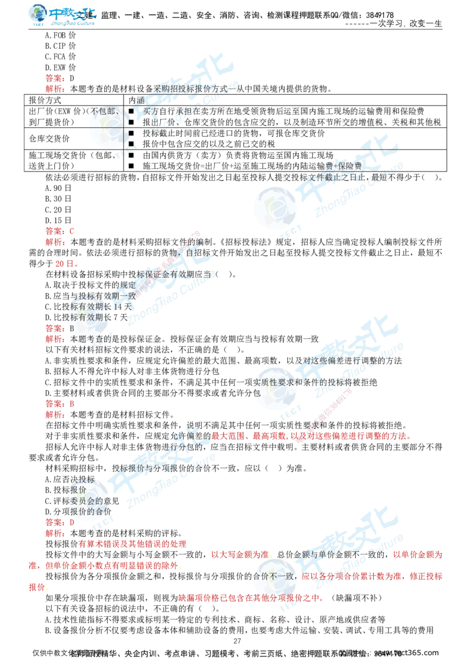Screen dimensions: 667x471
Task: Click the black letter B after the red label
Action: [x=72, y=328]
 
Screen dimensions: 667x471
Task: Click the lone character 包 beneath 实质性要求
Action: [x=257, y=392]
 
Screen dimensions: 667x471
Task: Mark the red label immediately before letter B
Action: [x=55, y=328]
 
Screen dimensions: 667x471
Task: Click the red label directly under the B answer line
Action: [x=55, y=339]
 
